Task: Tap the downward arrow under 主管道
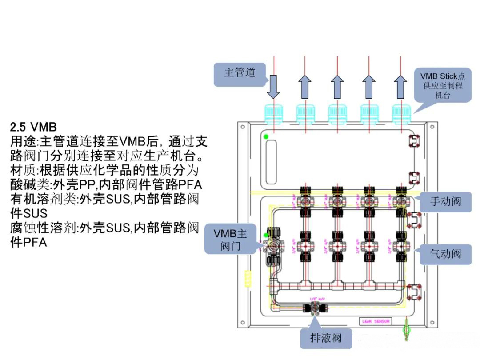point(273,87)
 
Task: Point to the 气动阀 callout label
point(445,254)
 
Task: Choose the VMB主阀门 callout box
point(230,239)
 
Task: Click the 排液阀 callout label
point(326,338)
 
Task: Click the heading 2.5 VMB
point(34,127)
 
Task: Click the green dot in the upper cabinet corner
point(266,136)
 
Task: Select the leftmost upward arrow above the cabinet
point(305,87)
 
